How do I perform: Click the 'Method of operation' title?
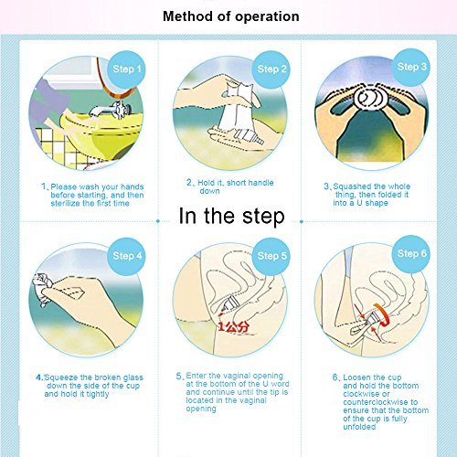(231, 16)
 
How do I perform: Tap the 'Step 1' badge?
(126, 69)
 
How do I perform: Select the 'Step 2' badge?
(271, 69)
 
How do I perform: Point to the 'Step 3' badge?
(411, 67)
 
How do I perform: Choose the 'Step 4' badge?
(127, 256)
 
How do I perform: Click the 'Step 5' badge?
(271, 256)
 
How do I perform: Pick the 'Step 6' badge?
(411, 254)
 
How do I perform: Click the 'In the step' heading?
(231, 217)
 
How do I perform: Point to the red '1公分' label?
(234, 327)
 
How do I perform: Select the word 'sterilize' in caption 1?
(64, 203)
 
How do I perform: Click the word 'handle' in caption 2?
(261, 183)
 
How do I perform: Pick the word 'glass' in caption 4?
(133, 377)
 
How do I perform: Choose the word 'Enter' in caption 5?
(197, 376)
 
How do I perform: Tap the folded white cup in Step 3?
(370, 98)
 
